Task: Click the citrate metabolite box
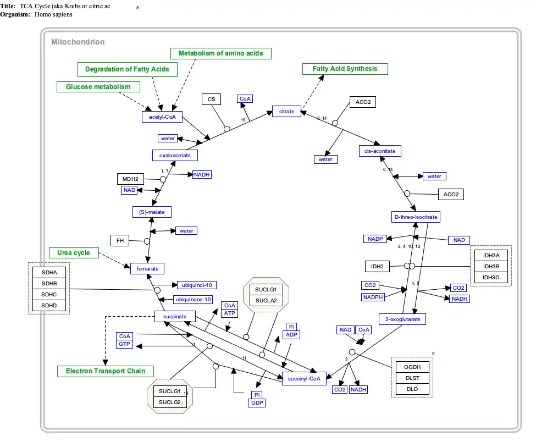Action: pos(286,112)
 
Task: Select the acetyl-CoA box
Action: pos(162,117)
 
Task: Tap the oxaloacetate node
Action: pos(175,156)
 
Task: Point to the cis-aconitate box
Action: pos(380,151)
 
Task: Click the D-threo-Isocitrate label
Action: pos(416,217)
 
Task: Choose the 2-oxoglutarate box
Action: pos(402,319)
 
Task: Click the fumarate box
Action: pos(147,268)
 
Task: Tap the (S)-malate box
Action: pos(152,212)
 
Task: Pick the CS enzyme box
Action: pos(211,100)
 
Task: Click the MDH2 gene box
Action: pos(130,179)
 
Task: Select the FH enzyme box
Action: pos(119,240)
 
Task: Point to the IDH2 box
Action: pos(377,267)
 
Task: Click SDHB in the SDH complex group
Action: pos(49,283)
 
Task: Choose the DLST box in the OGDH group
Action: pos(412,378)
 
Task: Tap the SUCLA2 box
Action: pos(266,300)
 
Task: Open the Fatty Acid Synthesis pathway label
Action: pos(345,69)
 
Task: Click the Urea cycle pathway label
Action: pos(74,253)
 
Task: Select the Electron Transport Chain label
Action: pos(106,371)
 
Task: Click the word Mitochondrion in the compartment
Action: pos(78,42)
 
